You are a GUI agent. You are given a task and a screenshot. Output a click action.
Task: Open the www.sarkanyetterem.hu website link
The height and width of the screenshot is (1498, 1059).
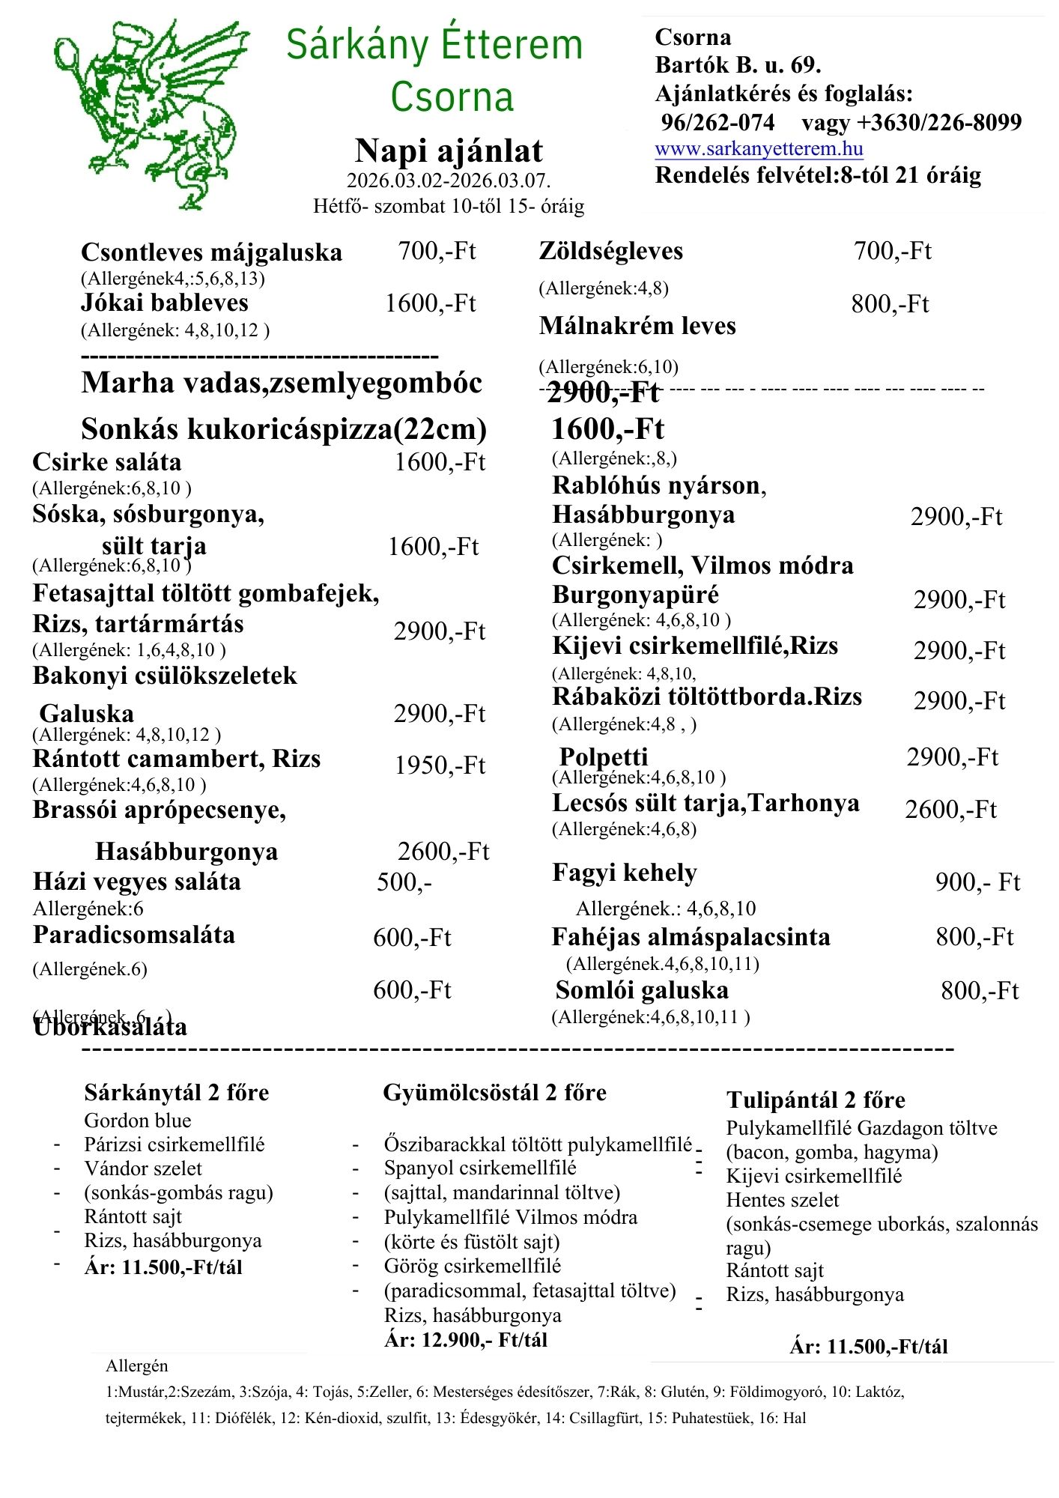tap(759, 148)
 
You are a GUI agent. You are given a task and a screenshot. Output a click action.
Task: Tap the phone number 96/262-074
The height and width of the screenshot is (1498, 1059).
tap(717, 122)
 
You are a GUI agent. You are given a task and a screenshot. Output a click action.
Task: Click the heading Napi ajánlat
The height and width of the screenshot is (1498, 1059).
tap(449, 151)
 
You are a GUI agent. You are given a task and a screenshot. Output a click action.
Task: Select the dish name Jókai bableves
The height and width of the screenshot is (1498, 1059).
tap(165, 303)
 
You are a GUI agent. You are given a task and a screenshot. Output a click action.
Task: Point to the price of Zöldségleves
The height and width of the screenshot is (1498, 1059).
tap(892, 251)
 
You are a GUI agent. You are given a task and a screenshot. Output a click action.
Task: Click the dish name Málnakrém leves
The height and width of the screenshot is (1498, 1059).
tap(637, 326)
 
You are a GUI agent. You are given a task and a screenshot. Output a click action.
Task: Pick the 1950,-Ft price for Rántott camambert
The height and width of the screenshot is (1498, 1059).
tap(440, 765)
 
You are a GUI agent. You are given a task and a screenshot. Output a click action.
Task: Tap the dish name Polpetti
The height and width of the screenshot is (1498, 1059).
tap(603, 756)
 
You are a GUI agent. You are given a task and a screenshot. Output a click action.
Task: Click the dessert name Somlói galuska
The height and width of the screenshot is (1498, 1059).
tap(642, 990)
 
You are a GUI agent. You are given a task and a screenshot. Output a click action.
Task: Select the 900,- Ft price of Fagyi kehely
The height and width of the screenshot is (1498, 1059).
tap(977, 882)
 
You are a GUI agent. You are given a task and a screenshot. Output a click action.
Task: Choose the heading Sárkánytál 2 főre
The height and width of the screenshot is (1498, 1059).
tap(176, 1093)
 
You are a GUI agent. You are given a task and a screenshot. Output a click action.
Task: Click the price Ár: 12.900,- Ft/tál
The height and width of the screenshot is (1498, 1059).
tap(466, 1340)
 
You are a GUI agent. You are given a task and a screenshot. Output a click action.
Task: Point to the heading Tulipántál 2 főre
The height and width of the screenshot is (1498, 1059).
tap(816, 1100)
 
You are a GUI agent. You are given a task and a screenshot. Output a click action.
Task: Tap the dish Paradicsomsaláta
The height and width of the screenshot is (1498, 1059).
tap(134, 935)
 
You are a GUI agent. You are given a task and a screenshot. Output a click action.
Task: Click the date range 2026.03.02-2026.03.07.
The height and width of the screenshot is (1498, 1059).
tap(449, 181)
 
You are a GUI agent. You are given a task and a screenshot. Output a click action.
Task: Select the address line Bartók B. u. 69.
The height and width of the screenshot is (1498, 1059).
tap(738, 65)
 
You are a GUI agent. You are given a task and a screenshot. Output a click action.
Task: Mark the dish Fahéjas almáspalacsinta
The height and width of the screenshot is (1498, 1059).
tap(691, 937)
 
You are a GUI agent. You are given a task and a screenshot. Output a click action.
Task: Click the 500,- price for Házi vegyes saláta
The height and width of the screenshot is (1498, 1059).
tap(404, 882)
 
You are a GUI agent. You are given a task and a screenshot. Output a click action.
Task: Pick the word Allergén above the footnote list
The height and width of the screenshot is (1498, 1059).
tap(137, 1366)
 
